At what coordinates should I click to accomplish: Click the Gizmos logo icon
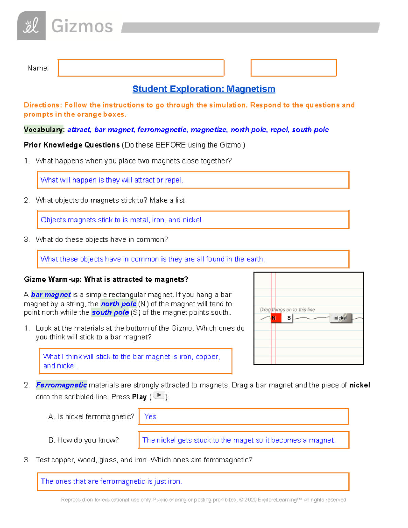(31, 26)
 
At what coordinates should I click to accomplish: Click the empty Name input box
(141, 68)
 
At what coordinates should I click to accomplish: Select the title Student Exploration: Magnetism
(204, 89)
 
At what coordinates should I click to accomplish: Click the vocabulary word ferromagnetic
(162, 130)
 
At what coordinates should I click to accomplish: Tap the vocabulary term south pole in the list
(310, 130)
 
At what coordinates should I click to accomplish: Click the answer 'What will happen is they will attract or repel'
(112, 180)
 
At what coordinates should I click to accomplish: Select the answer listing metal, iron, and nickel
(122, 220)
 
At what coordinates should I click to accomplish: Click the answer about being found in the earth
(153, 259)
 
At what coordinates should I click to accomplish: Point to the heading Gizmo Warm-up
(106, 279)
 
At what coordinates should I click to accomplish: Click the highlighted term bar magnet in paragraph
(51, 295)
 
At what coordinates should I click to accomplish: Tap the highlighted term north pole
(118, 304)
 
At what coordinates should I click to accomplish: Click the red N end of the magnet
(275, 318)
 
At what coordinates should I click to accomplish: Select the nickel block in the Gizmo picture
(340, 318)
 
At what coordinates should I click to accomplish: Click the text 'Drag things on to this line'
(287, 310)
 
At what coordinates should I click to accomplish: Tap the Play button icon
(158, 395)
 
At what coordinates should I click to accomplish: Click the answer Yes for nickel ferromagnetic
(150, 417)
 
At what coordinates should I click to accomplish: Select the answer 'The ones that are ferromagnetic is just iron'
(112, 481)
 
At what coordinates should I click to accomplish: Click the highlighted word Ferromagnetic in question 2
(62, 385)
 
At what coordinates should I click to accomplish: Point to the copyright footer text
(203, 500)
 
